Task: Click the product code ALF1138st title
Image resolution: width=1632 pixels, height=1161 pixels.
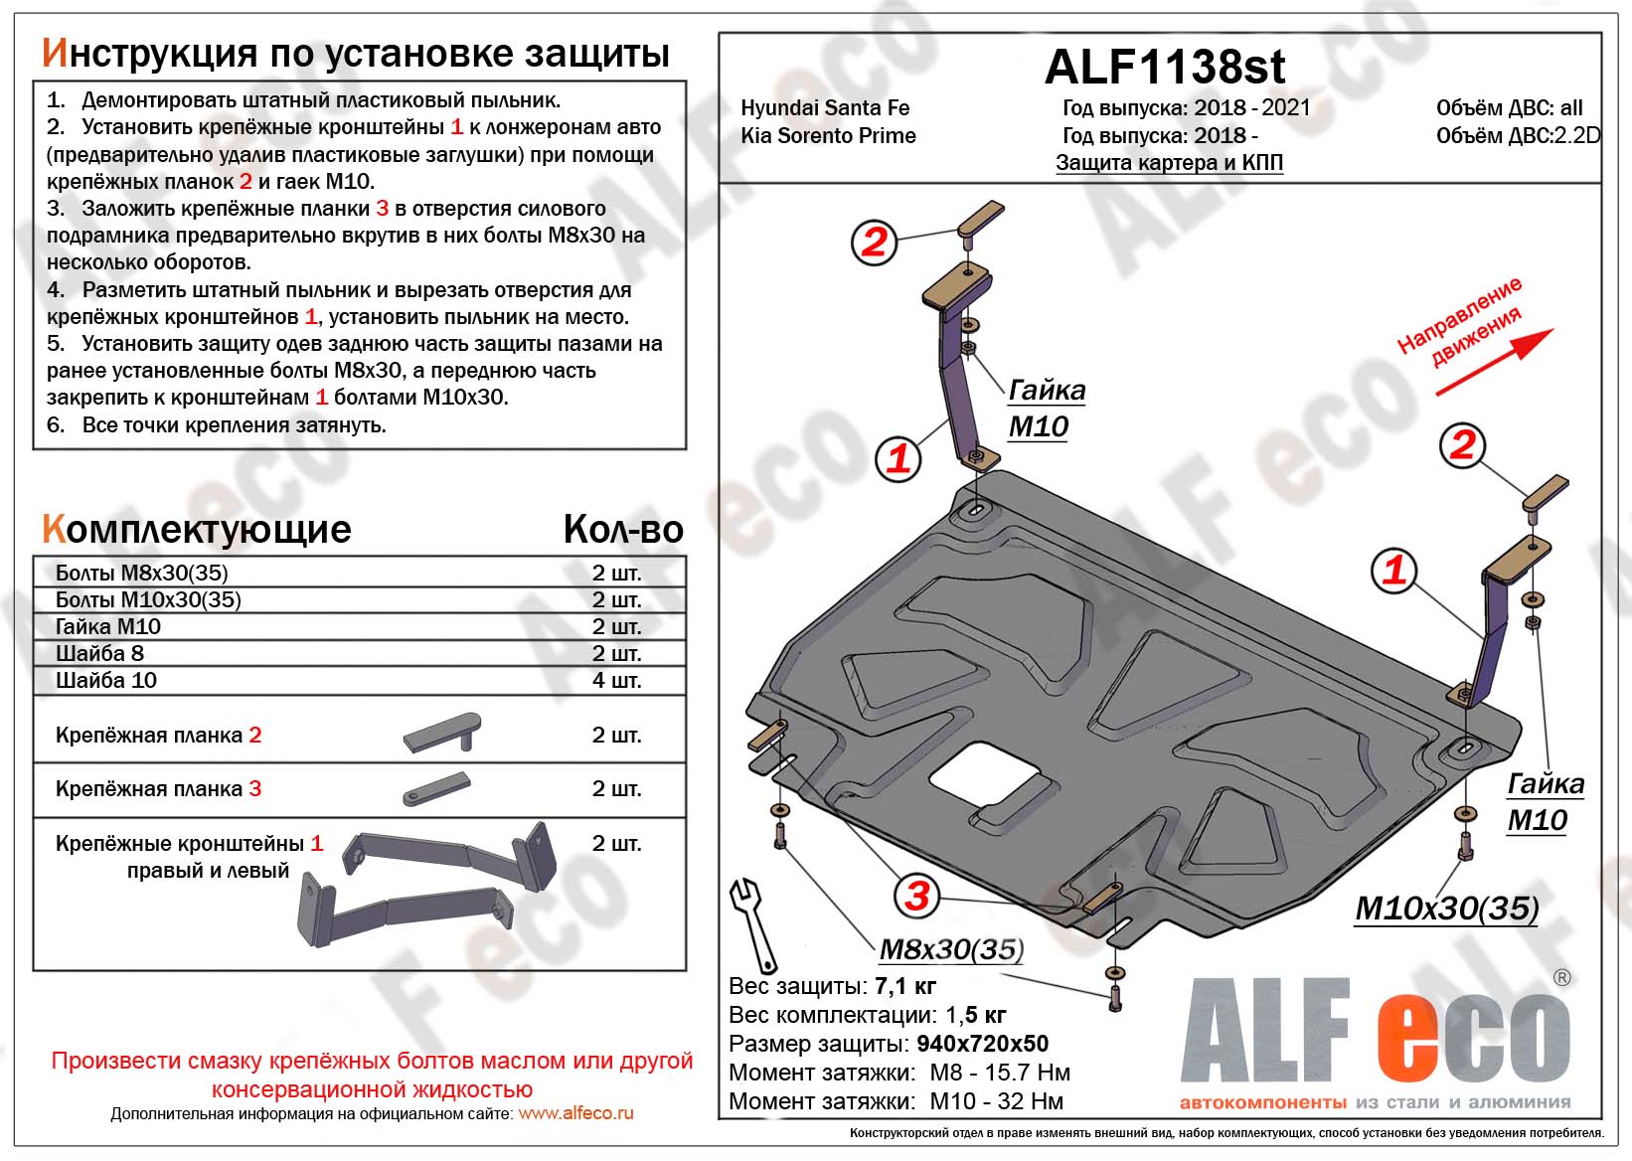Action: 1164,68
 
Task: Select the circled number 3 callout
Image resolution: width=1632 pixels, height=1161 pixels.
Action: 915,895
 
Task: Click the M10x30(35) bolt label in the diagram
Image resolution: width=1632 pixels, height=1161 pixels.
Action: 1446,909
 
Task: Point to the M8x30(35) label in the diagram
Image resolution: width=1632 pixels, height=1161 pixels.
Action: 950,949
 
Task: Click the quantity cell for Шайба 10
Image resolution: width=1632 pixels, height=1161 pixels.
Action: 616,681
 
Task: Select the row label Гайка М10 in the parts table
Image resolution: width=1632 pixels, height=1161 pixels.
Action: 108,627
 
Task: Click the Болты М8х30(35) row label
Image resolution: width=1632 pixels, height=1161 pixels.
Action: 142,574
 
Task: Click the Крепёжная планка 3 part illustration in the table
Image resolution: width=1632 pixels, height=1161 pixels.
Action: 436,788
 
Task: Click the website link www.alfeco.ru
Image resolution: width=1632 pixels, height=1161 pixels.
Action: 575,1114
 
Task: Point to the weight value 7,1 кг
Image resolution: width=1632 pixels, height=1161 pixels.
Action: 905,986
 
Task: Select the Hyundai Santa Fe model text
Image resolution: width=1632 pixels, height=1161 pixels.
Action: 825,108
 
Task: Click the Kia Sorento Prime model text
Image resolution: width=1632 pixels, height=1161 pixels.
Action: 828,136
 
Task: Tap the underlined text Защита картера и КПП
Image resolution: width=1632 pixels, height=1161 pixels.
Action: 1169,163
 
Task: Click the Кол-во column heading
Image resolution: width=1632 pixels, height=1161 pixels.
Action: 623,530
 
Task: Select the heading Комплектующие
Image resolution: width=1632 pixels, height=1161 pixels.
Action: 197,530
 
